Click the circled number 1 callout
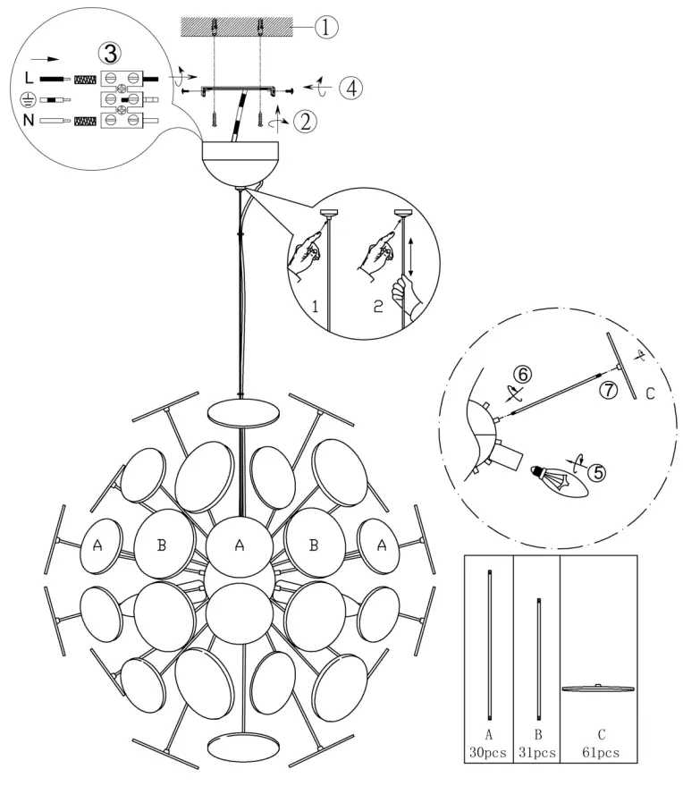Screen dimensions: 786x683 (x=325, y=28)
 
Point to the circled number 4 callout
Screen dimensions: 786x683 (x=351, y=89)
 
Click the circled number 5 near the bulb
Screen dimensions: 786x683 (x=594, y=470)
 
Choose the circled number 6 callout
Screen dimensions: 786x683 (x=524, y=376)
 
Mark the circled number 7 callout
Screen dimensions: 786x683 (x=607, y=391)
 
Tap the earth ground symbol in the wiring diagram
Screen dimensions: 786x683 (x=30, y=99)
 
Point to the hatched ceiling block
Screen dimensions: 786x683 (x=237, y=27)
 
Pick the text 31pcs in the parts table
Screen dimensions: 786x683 (x=536, y=754)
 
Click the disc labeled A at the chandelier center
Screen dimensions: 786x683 (x=239, y=546)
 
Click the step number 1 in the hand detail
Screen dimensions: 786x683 (x=316, y=307)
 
